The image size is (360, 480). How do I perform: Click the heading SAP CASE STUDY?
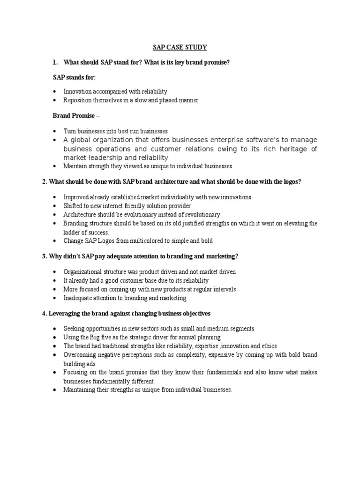coord(180,48)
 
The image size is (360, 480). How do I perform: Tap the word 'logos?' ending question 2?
coord(291,182)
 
